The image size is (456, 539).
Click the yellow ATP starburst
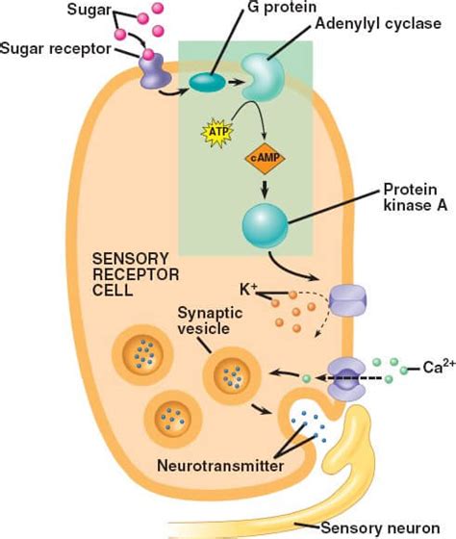click(216, 133)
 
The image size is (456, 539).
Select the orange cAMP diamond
click(265, 159)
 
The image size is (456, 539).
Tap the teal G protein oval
click(208, 83)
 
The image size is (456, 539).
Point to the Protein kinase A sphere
click(265, 225)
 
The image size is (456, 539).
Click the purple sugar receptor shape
click(154, 71)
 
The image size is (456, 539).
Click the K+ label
click(248, 290)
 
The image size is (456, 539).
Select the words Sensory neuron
click(380, 527)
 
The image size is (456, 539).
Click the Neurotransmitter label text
click(220, 466)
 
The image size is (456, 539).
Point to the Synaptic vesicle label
click(210, 321)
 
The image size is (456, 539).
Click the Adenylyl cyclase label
click(378, 24)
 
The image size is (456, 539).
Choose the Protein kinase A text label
click(415, 197)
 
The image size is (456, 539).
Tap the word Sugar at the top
click(89, 10)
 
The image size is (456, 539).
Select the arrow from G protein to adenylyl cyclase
click(236, 82)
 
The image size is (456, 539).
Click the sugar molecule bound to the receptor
click(148, 54)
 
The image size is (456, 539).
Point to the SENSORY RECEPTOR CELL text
click(136, 274)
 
